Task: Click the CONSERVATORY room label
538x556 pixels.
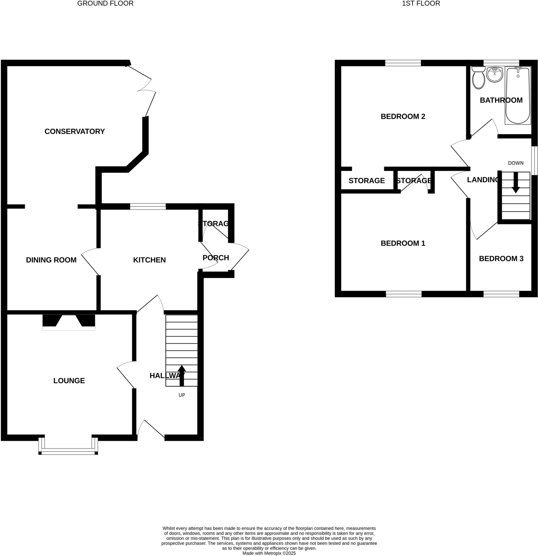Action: pos(75,131)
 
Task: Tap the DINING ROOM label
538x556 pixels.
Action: pos(51,260)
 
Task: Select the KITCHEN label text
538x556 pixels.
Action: pos(149,260)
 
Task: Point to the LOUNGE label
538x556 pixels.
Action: pos(69,380)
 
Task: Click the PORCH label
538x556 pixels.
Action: pos(216,258)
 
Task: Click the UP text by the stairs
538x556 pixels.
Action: pos(182,395)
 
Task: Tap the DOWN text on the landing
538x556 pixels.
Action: pos(515,163)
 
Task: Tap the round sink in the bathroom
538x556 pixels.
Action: pos(494,74)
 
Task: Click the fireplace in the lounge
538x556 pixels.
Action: pos(69,322)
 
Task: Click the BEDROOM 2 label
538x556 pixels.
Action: pos(403,116)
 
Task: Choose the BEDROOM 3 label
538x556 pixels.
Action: pos(501,258)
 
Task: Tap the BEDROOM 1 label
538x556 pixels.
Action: pos(403,243)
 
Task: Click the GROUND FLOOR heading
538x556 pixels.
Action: pos(105,4)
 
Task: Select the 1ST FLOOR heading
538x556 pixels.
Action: pos(421,4)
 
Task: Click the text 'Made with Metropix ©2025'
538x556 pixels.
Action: pos(269,553)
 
